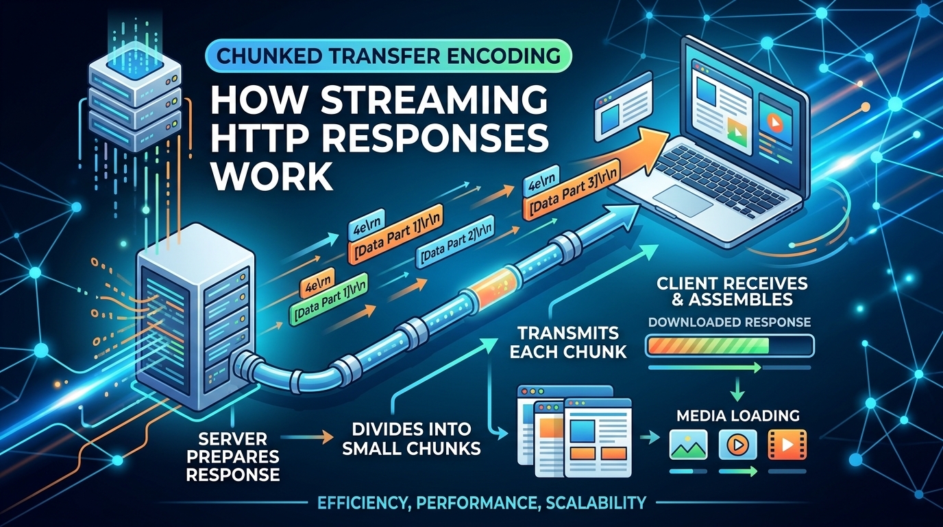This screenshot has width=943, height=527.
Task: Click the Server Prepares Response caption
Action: point(233,457)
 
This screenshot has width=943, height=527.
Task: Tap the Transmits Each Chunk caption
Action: point(568,342)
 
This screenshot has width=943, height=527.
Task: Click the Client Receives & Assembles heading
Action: point(732,291)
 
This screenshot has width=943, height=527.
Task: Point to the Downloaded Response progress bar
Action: point(730,347)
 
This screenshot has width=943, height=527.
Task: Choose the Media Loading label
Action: point(738,415)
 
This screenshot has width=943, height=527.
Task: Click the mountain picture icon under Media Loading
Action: point(688,444)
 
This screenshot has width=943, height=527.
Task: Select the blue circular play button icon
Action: point(737,444)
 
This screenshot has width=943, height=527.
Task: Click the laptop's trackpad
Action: point(684,200)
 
